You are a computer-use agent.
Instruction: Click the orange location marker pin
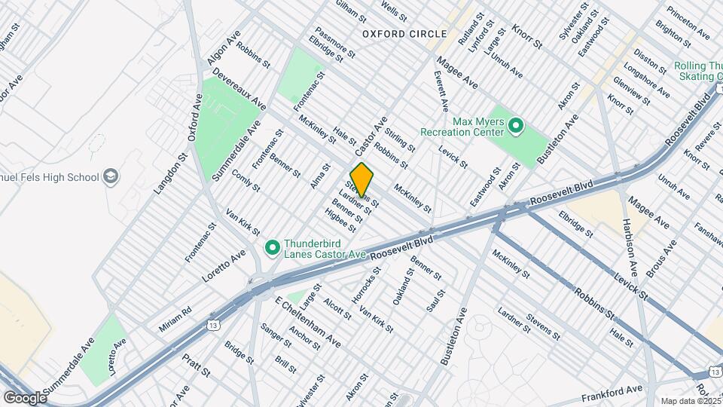pos(361,179)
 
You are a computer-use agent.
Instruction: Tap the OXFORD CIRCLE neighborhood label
pos(404,34)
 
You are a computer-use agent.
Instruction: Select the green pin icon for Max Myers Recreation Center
pos(517,125)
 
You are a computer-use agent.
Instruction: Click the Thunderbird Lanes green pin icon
pos(273,247)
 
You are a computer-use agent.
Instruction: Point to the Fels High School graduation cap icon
pos(111,177)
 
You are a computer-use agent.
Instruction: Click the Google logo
pos(24,397)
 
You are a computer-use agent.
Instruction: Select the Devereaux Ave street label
pos(239,89)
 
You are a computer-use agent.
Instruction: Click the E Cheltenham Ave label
pos(308,322)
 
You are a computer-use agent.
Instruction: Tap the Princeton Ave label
pos(688,25)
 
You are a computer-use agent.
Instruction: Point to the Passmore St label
pos(334,42)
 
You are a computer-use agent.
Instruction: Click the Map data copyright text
pos(691,400)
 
